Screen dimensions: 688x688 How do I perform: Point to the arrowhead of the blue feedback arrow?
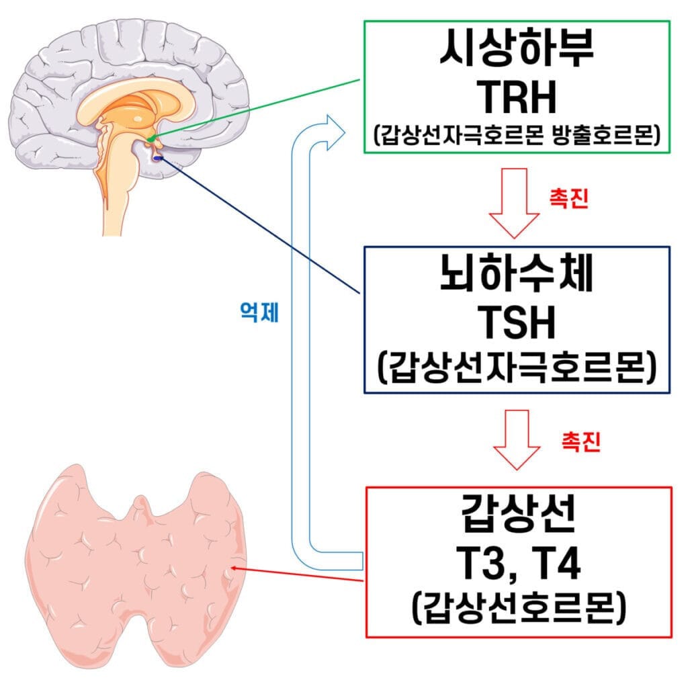point(335,130)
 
